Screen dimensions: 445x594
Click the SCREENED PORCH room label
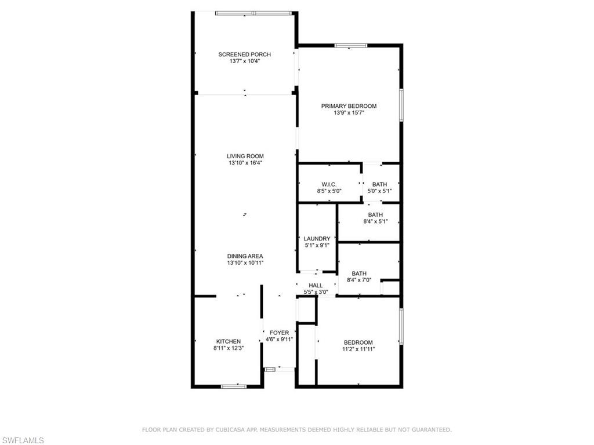click(x=244, y=54)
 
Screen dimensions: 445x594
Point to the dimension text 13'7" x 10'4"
click(x=244, y=61)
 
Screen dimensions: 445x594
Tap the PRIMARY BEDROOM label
click(x=349, y=106)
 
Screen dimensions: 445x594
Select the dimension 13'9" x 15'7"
click(x=349, y=113)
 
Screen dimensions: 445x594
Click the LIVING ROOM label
click(x=245, y=156)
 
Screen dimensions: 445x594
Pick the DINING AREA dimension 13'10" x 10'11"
click(x=245, y=263)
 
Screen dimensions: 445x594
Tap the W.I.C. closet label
click(x=329, y=184)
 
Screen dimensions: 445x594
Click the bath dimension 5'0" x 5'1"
click(x=380, y=191)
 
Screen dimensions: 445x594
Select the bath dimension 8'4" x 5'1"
click(x=375, y=221)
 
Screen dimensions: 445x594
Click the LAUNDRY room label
click(x=317, y=238)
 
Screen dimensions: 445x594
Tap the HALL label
click(x=316, y=285)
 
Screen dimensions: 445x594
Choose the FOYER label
click(x=279, y=333)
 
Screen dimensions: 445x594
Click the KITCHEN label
click(x=228, y=341)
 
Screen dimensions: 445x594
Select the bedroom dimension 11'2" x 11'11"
click(x=358, y=349)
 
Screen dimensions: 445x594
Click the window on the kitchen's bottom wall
click(x=234, y=386)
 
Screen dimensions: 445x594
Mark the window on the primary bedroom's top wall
click(x=350, y=45)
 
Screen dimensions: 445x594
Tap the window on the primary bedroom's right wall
click(x=401, y=105)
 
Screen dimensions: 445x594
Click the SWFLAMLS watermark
click(x=23, y=440)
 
